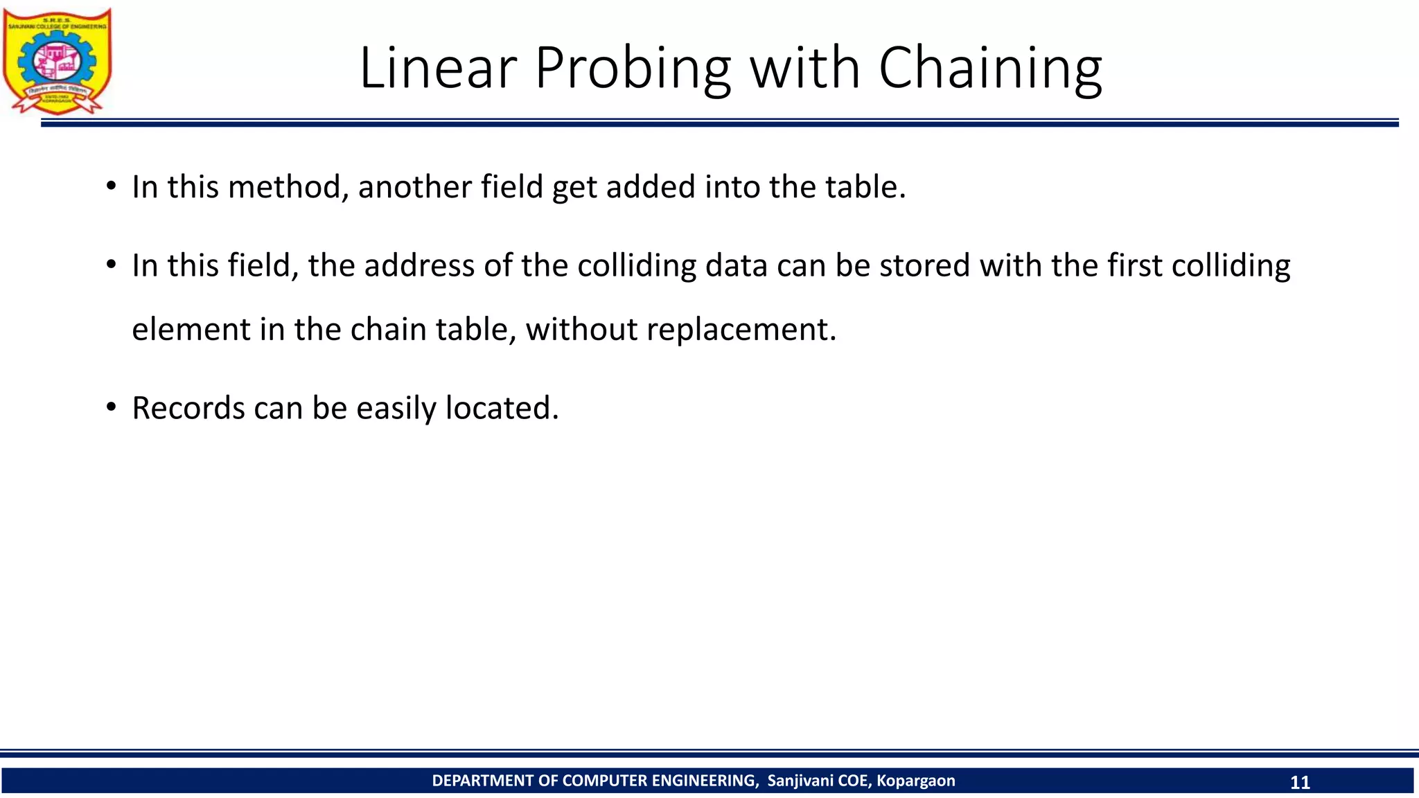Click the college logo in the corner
click(x=57, y=61)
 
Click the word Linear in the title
click(x=438, y=68)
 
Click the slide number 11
click(x=1300, y=782)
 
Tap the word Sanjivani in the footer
click(x=800, y=781)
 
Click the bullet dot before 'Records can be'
click(x=111, y=408)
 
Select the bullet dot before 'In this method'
click(x=111, y=187)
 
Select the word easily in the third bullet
click(x=396, y=408)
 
